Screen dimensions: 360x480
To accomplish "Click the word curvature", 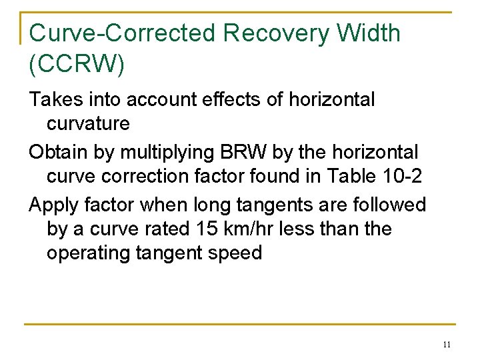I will (88, 123).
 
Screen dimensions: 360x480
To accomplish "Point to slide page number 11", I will (447, 345).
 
